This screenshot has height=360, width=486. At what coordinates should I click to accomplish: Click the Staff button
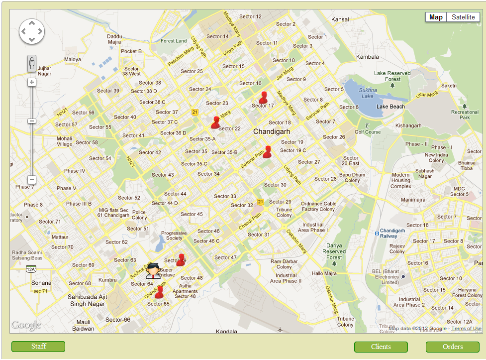pos(38,347)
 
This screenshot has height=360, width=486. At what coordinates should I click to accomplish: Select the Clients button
pos(381,347)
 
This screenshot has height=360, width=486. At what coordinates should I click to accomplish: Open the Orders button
pos(452,347)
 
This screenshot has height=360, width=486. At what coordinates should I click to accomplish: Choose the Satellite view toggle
pos(463,17)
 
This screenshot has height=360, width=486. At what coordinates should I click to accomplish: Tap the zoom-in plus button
pos(32,82)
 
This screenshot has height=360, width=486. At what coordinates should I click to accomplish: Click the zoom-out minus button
pos(32,179)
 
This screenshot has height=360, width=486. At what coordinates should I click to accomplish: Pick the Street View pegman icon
pos(32,63)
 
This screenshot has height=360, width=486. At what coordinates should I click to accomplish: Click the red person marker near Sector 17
pos(263,97)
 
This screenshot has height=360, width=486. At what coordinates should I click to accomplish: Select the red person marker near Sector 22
pos(215,122)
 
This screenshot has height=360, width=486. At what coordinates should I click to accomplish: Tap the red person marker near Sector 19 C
pos(267,151)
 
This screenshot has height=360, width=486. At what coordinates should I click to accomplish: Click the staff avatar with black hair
pos(153,270)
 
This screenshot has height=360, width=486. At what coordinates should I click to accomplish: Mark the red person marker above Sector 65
pos(159,292)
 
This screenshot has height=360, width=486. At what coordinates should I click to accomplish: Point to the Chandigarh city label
pos(272,131)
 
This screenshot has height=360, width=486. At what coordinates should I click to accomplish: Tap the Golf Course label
pos(368,132)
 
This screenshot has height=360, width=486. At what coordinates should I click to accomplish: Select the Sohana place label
pos(41,283)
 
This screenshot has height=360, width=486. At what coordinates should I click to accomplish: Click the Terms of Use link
pos(466,329)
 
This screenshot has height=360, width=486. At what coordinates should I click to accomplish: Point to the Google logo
pos(26,325)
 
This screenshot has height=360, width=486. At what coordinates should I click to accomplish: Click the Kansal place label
pos(340,19)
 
